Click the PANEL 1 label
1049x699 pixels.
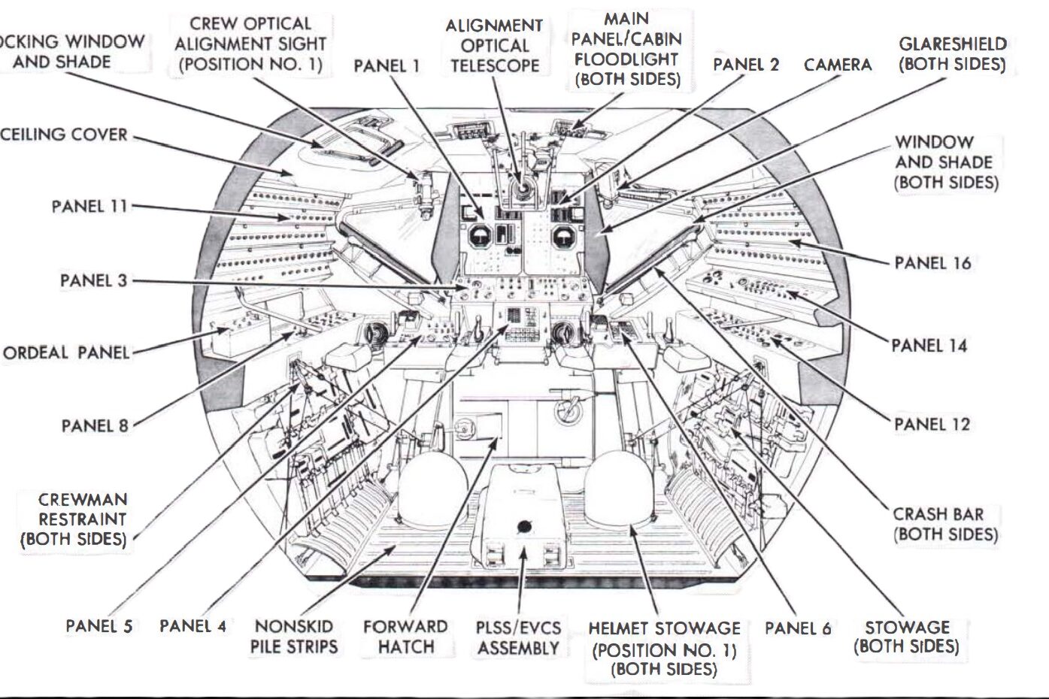coord(387,66)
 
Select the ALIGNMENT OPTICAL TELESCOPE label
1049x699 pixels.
coord(494,45)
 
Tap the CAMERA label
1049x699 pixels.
coord(838,65)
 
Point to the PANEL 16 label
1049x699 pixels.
coord(932,263)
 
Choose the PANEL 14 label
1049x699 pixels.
coord(929,346)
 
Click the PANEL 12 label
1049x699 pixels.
coord(932,425)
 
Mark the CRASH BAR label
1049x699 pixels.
coord(946,525)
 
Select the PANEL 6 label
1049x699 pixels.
coord(798,628)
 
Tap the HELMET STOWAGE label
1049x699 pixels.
coord(664,647)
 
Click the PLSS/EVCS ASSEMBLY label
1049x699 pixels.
coord(518,637)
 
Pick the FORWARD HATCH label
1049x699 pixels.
coord(405,636)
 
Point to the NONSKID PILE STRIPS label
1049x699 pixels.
coord(294,636)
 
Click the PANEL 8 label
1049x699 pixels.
coord(95,426)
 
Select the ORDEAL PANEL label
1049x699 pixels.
coord(66,353)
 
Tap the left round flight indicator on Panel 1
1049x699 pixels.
coord(478,238)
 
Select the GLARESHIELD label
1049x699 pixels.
coord(953,54)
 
